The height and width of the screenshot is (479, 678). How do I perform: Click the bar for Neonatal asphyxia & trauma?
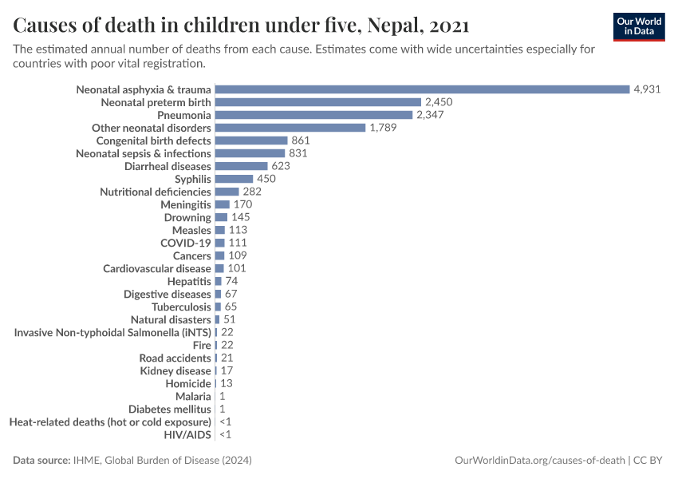tap(422, 89)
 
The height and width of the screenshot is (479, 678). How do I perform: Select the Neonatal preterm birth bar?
tap(317, 102)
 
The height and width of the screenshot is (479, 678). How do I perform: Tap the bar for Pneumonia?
tap(313, 115)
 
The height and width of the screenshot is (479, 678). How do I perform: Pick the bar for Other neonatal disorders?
tap(290, 128)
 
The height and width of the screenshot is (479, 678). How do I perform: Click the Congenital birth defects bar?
tap(250, 141)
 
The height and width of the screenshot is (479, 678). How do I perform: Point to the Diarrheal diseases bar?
tap(241, 166)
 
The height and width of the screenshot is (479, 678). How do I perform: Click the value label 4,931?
tap(647, 89)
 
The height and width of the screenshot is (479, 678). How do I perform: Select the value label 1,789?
tap(383, 128)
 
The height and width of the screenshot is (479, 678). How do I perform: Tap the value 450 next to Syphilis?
tap(266, 179)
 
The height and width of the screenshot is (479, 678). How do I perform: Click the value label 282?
tap(252, 192)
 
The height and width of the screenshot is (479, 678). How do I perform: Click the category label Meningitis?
tap(186, 204)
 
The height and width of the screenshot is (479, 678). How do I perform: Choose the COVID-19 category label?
tap(186, 243)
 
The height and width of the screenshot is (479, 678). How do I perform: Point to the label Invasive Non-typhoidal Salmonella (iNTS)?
tap(112, 332)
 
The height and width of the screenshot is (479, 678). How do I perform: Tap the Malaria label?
tap(193, 396)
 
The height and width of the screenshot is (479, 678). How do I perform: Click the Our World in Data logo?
tap(638, 26)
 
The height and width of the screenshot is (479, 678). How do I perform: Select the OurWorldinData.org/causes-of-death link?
tap(539, 461)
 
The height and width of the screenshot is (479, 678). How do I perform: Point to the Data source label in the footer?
tap(41, 461)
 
